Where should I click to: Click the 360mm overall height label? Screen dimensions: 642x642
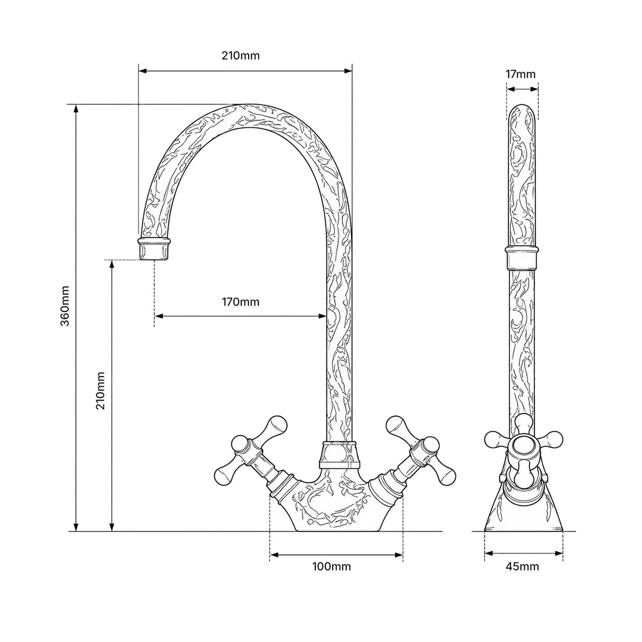[x=65, y=305]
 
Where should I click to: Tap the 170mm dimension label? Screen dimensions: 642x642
[x=241, y=302]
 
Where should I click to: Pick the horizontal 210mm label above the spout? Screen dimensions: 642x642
[x=241, y=55]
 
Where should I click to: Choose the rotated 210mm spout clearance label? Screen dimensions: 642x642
[x=101, y=391]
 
